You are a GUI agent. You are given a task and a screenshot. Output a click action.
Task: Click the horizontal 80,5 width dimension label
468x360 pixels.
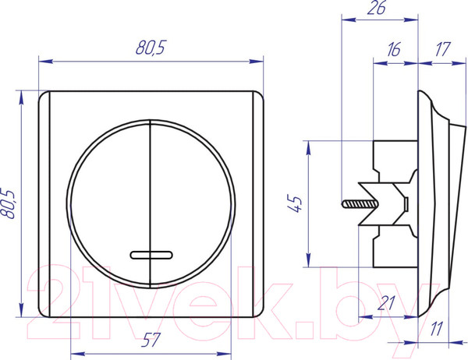click(x=150, y=48)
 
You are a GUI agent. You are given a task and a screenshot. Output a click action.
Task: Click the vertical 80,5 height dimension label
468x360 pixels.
click(x=7, y=203)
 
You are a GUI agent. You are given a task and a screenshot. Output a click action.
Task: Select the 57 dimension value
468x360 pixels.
click(x=151, y=340)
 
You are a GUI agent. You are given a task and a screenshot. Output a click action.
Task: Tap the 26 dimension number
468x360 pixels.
click(x=377, y=8)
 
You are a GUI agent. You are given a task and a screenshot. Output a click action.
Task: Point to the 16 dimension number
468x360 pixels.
click(x=394, y=50)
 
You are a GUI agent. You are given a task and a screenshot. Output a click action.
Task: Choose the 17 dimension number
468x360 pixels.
click(x=442, y=49)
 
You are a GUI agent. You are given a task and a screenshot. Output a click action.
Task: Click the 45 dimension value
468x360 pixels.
click(x=296, y=203)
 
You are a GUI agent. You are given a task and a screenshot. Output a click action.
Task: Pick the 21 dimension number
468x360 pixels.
click(x=386, y=303)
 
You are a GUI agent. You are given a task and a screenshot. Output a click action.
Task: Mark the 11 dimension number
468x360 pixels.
click(x=436, y=329)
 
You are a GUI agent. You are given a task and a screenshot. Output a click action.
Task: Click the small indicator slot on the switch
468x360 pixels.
click(x=151, y=255)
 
